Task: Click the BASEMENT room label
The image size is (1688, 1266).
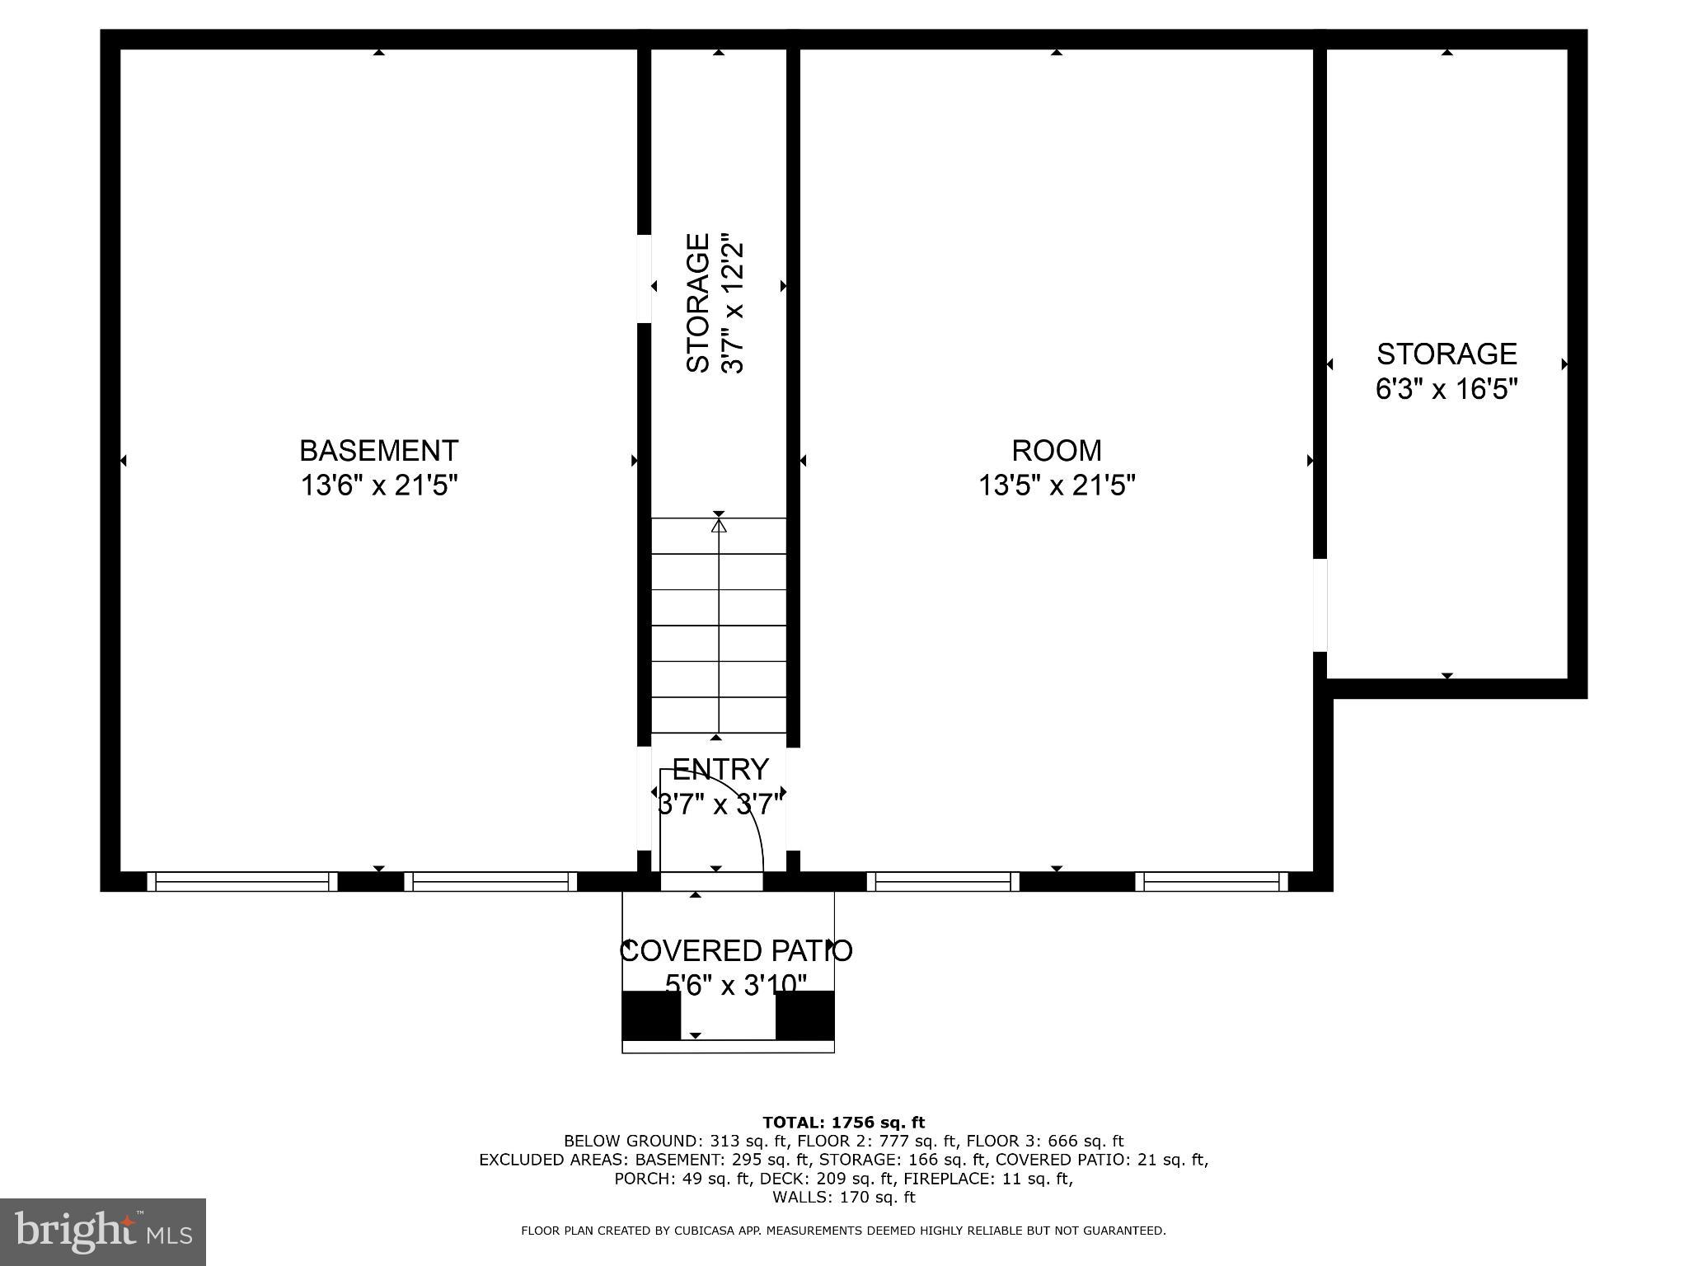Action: point(378,451)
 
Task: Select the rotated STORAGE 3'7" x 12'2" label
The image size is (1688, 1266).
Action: point(715,303)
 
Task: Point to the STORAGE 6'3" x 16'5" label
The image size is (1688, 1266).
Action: point(1447,371)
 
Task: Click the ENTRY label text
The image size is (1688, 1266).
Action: point(720,769)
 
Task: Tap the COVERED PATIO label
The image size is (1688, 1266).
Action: point(735,950)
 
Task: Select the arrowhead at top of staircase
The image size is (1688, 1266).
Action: point(719,525)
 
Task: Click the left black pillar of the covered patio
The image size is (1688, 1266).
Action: point(650,1015)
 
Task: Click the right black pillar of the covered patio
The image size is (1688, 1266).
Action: point(805,1015)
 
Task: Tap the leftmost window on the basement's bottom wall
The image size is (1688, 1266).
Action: point(242,882)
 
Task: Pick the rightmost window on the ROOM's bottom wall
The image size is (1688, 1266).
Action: point(1212,882)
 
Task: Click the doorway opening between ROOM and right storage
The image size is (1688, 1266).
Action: point(1320,605)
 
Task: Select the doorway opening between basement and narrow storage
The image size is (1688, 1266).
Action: point(644,279)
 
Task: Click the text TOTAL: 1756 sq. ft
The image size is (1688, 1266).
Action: point(843,1122)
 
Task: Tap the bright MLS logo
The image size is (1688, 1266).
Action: point(103,1231)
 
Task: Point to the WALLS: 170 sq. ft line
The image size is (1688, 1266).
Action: point(843,1197)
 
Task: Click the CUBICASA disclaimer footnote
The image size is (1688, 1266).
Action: point(843,1231)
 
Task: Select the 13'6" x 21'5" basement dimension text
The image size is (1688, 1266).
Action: point(378,485)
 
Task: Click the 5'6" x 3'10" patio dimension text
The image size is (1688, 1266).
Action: point(735,984)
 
